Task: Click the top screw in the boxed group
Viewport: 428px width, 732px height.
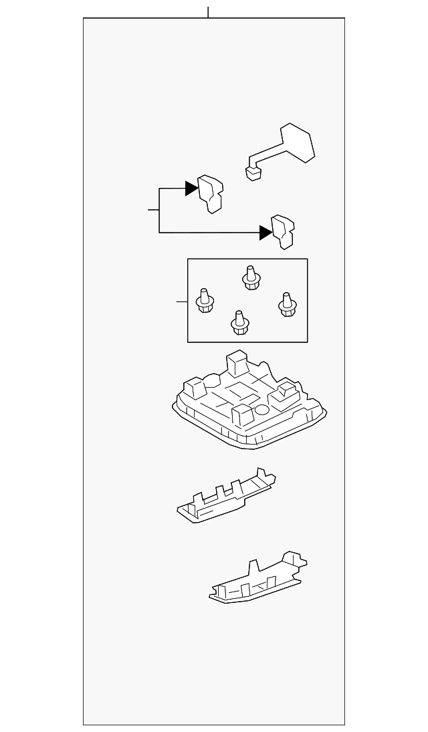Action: tap(251, 277)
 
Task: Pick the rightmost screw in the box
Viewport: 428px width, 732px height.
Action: tap(287, 304)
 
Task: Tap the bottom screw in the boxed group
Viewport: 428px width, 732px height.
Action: tap(239, 322)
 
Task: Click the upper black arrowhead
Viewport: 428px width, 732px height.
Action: tap(192, 189)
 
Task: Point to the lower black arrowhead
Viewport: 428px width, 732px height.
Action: tap(265, 233)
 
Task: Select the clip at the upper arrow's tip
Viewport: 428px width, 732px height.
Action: tap(211, 194)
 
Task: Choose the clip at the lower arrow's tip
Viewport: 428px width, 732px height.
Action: tap(284, 231)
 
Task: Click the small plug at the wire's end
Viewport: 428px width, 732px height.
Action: tap(253, 172)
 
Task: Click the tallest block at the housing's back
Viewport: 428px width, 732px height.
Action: tap(237, 364)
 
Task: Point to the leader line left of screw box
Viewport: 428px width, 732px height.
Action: tap(181, 302)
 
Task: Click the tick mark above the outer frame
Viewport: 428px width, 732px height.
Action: tap(209, 12)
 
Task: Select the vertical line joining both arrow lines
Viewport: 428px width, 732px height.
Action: tap(159, 211)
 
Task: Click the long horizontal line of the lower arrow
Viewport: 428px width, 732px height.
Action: tap(207, 233)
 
